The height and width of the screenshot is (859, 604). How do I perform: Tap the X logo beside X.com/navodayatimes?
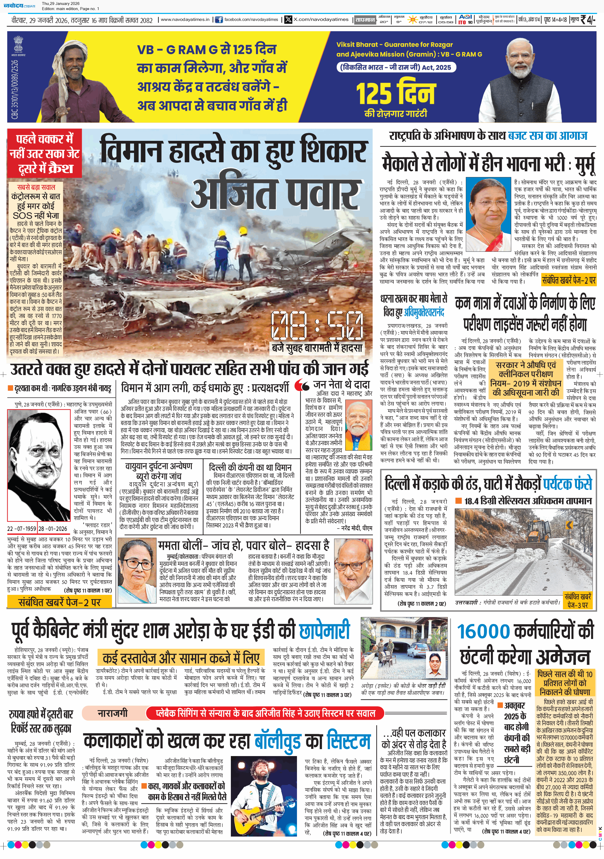click(x=288, y=19)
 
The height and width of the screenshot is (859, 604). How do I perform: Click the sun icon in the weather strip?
click(x=413, y=19)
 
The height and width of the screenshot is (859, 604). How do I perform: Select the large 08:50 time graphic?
click(x=318, y=326)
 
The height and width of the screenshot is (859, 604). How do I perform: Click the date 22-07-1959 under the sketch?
click(x=21, y=529)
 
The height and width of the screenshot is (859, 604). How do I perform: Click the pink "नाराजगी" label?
click(x=112, y=713)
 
